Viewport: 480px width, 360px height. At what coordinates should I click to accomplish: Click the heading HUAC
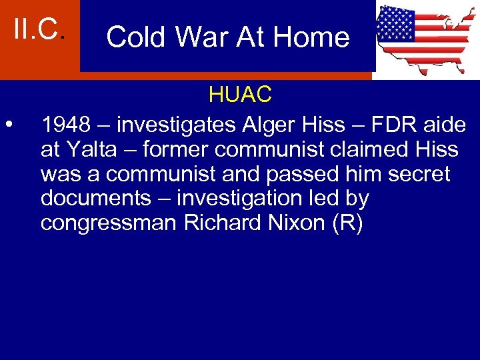pos(240,95)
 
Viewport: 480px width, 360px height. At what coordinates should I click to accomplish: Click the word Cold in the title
pos(135,37)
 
